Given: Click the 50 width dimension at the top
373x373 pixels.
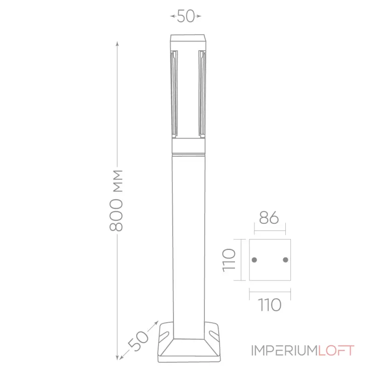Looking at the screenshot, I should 186,16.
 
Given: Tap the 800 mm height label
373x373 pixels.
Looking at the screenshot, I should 117,200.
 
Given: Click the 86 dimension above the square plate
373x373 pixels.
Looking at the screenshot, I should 269,218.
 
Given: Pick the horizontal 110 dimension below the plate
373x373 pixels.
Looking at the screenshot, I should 269,305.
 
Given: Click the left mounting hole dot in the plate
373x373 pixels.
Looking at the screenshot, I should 254,259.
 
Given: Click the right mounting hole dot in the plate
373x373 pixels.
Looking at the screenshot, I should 285,259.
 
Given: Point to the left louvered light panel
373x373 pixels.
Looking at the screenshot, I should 174,93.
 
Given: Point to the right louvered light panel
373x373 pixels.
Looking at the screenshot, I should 201,93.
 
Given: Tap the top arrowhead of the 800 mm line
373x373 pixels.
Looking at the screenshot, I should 117,43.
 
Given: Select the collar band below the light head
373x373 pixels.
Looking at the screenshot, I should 188,147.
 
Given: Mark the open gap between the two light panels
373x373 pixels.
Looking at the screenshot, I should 188,93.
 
